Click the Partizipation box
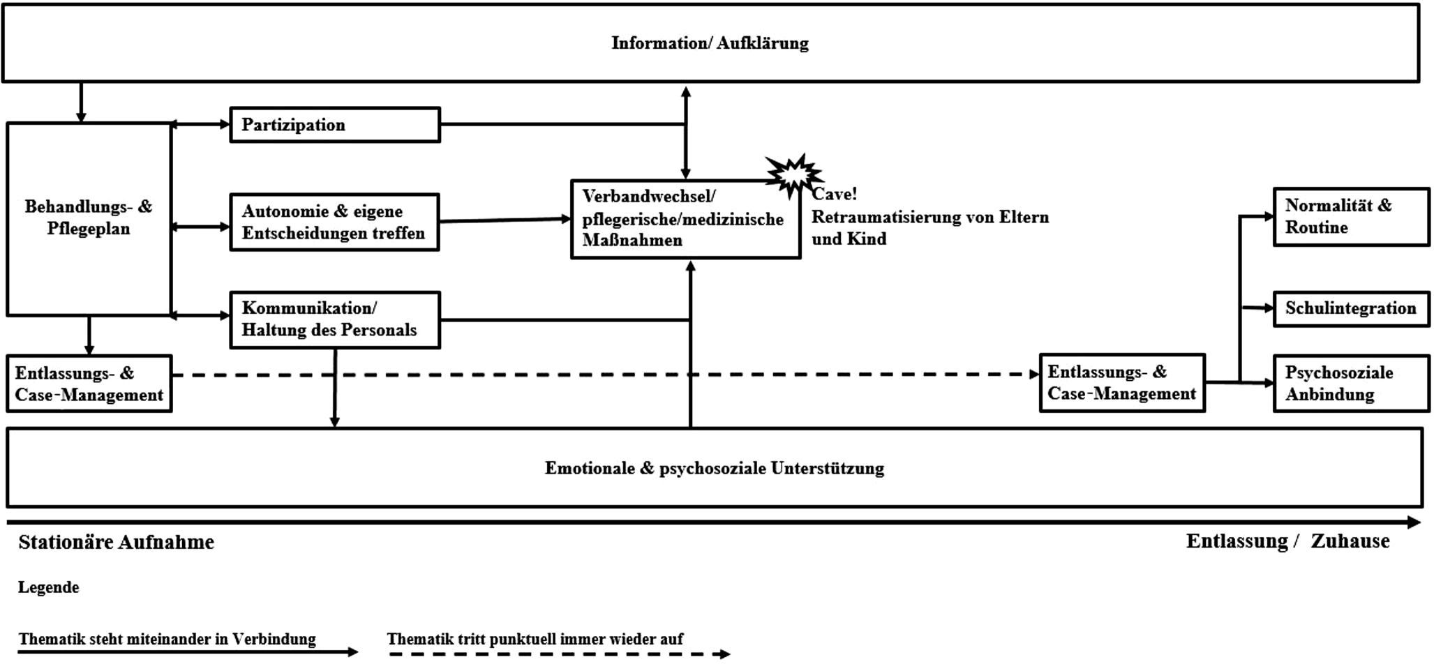[x=335, y=125]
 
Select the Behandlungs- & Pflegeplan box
[x=89, y=218]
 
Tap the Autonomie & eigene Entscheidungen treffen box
[x=334, y=222]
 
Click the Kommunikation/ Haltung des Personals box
[x=335, y=319]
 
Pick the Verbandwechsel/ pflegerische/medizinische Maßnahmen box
[x=685, y=219]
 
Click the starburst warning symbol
[x=793, y=174]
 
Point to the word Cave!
[x=835, y=194]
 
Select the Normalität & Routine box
[x=1351, y=217]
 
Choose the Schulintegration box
[x=1351, y=308]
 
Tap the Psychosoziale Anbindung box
[x=1351, y=384]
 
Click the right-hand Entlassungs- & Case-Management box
[x=1122, y=383]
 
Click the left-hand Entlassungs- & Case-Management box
[x=89, y=384]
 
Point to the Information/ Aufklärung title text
[x=710, y=43]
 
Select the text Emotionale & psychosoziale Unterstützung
[x=714, y=468]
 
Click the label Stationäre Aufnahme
[x=117, y=543]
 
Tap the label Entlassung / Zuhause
[x=1287, y=541]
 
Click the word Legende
[x=49, y=587]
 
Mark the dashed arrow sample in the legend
[x=558, y=654]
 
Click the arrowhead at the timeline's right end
[x=1414, y=522]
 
